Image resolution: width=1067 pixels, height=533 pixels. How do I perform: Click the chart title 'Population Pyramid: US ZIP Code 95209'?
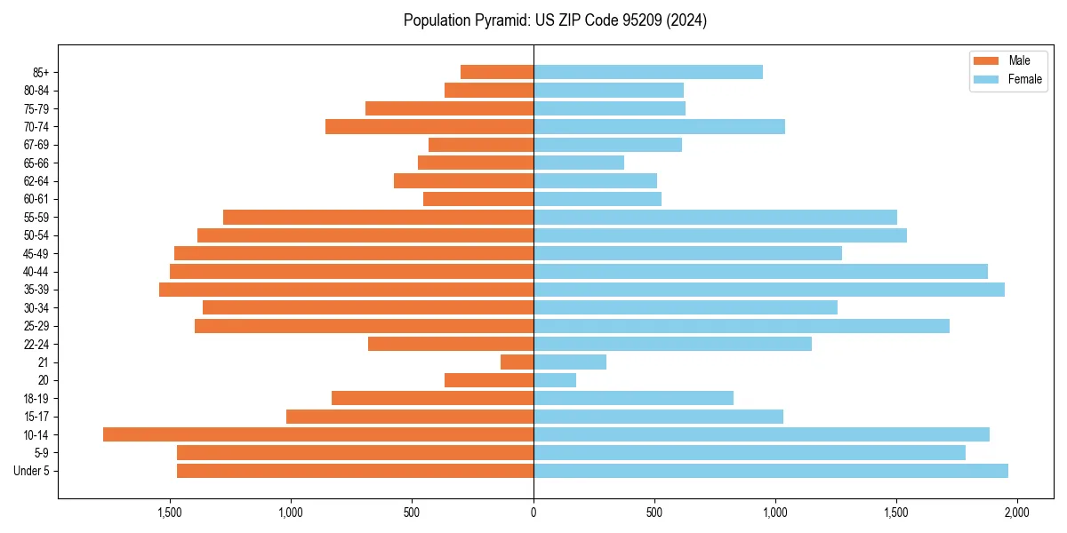tap(555, 20)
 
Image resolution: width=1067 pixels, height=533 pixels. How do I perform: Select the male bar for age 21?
tap(517, 362)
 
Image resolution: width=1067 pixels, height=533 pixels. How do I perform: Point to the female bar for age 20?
tap(555, 380)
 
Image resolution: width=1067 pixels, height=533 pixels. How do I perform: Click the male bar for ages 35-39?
tap(346, 290)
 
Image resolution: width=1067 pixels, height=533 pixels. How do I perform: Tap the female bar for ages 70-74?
tap(659, 126)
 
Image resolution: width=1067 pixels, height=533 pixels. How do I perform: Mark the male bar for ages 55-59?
tap(378, 217)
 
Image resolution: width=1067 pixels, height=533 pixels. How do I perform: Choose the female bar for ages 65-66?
tap(579, 163)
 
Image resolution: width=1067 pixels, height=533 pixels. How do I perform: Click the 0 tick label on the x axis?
tap(533, 513)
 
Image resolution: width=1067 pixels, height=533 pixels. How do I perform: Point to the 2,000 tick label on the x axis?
tap(1017, 513)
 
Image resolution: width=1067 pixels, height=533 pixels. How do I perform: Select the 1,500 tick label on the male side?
tap(170, 513)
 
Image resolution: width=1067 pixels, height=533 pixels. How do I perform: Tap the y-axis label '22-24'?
tap(37, 344)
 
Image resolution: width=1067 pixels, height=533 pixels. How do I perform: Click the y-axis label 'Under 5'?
tap(32, 471)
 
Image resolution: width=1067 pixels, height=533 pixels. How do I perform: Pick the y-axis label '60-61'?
tap(37, 199)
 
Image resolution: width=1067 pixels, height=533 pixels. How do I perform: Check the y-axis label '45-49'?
tap(37, 253)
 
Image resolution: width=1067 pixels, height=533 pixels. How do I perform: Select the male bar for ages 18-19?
tap(432, 398)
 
